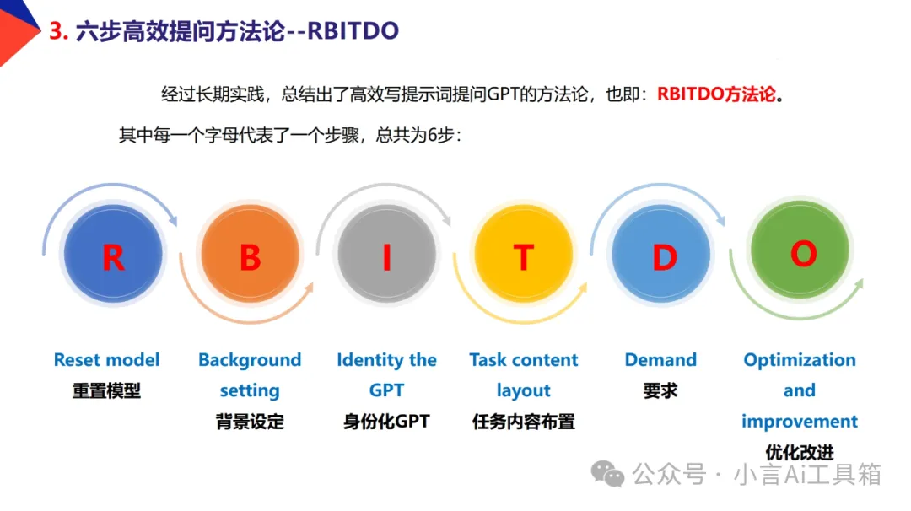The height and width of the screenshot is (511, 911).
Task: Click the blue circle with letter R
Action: click(113, 254)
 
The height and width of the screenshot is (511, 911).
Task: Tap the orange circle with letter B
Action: click(251, 254)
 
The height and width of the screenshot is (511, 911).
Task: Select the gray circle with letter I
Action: click(387, 254)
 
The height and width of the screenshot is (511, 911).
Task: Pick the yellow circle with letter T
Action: click(524, 254)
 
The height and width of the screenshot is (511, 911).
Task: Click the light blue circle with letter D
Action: click(661, 254)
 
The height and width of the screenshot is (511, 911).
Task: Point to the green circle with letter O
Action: click(800, 250)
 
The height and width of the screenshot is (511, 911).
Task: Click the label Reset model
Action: click(107, 360)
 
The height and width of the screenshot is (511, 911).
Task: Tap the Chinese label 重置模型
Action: click(107, 390)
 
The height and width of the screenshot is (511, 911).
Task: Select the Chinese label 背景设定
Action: click(250, 422)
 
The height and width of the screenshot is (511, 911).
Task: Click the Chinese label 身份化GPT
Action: click(387, 422)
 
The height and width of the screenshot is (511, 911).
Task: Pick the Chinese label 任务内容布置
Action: click(524, 422)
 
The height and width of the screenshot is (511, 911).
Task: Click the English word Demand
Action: click(660, 360)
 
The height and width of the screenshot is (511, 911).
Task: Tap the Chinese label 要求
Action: click(660, 390)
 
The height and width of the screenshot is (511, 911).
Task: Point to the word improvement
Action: click(800, 422)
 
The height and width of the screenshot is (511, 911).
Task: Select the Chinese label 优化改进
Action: click(800, 452)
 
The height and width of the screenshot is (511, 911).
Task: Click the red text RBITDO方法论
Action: click(716, 94)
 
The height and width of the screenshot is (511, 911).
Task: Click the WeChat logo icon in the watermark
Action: click(607, 473)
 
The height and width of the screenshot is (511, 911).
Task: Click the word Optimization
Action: click(800, 360)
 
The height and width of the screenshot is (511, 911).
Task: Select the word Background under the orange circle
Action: click(250, 360)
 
